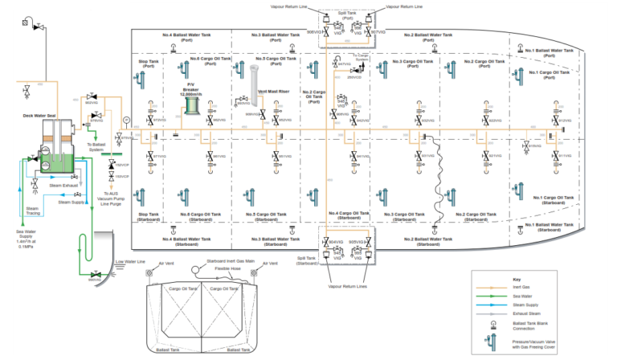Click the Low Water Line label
129,261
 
